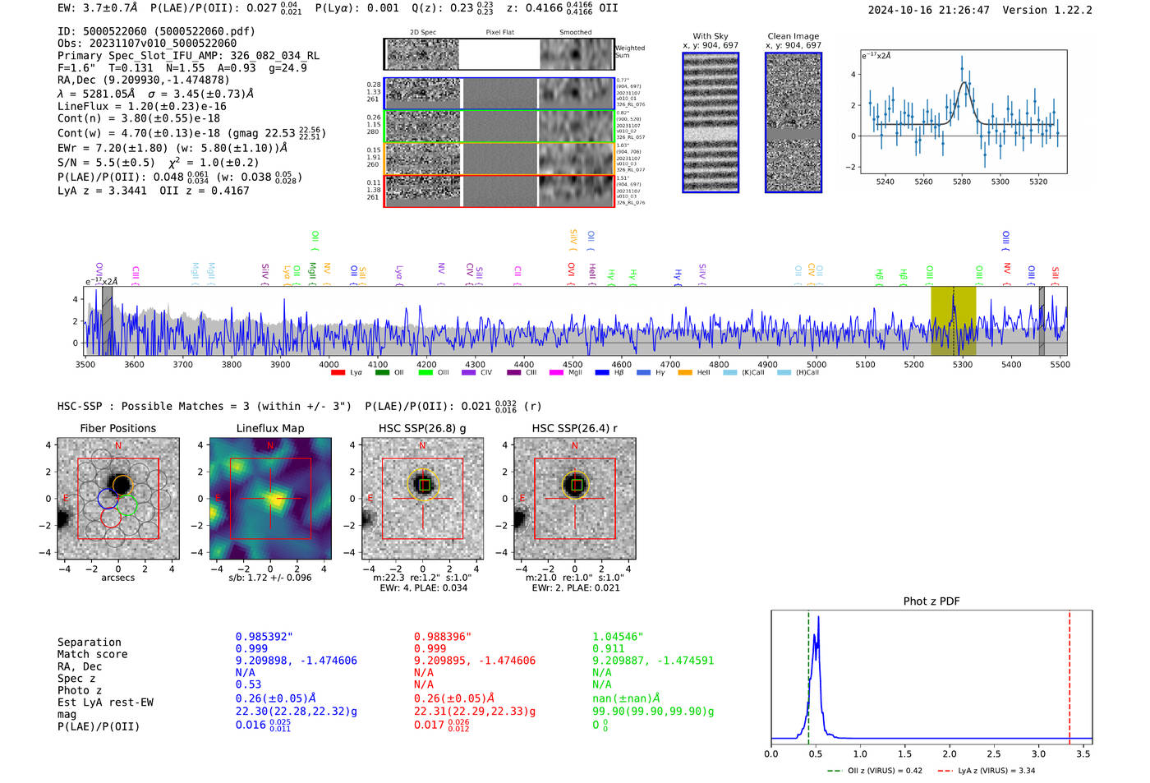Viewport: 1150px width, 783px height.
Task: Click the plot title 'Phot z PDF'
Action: coord(931,601)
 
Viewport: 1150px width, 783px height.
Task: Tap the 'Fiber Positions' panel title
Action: coord(117,428)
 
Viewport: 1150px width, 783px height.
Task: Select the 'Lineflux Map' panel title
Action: coord(269,428)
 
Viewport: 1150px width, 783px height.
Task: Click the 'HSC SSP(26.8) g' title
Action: coord(421,428)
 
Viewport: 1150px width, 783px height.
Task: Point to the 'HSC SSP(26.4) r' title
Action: coord(574,428)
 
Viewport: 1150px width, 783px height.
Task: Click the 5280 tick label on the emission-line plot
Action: coord(961,182)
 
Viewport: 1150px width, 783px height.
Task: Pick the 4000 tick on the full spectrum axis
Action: coord(329,365)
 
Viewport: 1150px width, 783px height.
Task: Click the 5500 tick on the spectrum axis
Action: coord(1060,365)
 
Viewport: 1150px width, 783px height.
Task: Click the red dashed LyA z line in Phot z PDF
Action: coord(1069,674)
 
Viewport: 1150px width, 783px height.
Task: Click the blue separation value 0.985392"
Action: coord(264,637)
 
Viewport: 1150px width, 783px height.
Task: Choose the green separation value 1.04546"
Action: coord(617,637)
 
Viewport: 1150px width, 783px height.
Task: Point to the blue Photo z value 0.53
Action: coord(248,684)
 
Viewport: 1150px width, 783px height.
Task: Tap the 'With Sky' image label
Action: coord(710,36)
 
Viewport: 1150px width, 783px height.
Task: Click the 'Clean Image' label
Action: coord(793,36)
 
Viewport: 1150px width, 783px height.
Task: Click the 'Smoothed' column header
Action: coord(575,33)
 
